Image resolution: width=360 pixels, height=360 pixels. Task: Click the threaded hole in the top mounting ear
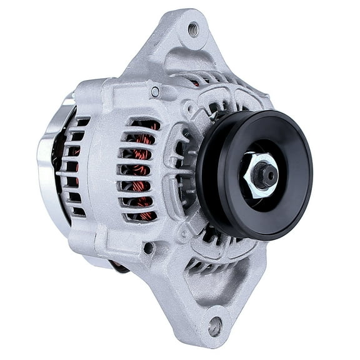192,29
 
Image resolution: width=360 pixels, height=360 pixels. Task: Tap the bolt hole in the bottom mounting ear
215,325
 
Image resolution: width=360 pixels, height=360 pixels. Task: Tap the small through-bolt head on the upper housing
154,92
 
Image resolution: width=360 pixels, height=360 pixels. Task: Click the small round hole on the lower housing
148,247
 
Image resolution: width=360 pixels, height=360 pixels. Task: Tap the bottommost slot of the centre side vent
139,217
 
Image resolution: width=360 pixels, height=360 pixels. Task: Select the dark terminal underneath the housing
119,265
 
